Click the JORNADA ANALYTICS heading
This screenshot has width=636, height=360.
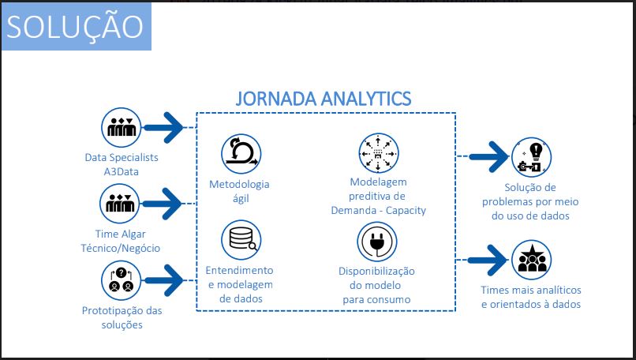[x=324, y=99]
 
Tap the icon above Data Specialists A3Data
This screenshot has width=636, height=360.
[x=122, y=126]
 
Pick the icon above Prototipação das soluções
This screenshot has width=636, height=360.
[x=122, y=279]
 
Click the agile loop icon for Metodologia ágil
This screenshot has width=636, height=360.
[x=240, y=152]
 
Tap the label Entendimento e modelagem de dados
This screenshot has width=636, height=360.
[x=239, y=284]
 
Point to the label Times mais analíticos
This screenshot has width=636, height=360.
[x=530, y=297]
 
